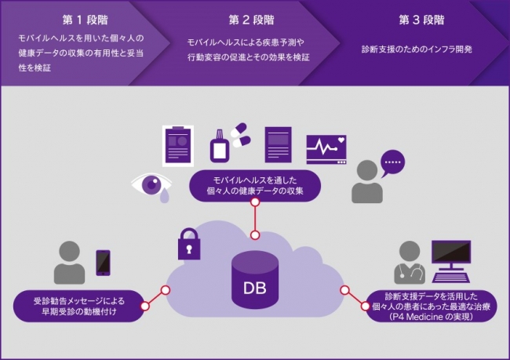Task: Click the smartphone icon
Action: [103, 264]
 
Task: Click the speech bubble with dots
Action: [392, 165]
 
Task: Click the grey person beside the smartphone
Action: [70, 264]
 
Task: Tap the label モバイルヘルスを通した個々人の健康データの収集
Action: [255, 185]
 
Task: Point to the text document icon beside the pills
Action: [279, 144]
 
